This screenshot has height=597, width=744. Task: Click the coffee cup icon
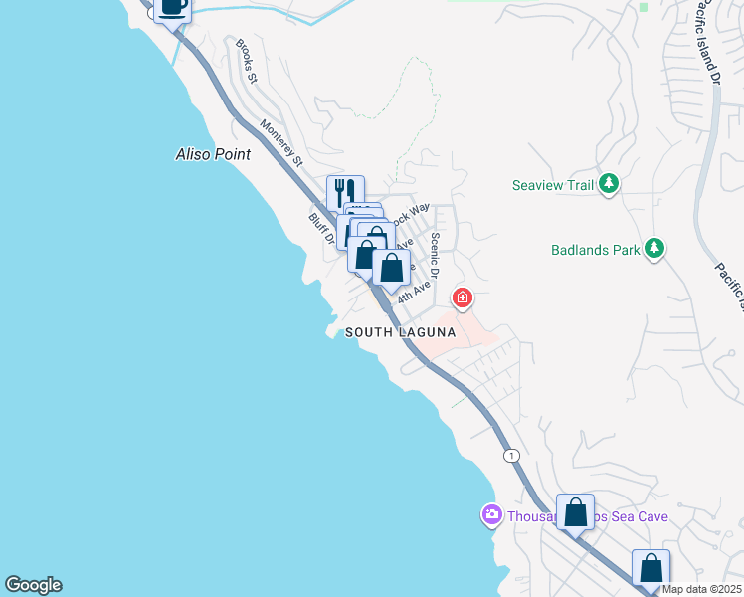point(173,6)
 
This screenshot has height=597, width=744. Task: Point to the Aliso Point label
point(213,155)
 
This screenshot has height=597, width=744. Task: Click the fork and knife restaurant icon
point(345,192)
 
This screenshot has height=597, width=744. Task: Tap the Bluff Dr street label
point(319,229)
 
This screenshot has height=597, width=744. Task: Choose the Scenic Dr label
point(435,257)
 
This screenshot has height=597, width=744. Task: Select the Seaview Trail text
point(552,185)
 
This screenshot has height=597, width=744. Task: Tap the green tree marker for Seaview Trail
point(610,184)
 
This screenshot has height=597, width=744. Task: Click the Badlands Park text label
point(596,250)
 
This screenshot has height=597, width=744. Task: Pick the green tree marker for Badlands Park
point(653,249)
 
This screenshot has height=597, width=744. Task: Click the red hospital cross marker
point(462,298)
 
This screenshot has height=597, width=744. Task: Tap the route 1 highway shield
point(511,455)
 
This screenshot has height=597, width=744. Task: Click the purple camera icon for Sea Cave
point(491,515)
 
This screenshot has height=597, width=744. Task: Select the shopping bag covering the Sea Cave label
point(575,512)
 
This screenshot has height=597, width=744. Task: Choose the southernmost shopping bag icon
point(651,568)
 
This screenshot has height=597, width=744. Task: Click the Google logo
point(33,585)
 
